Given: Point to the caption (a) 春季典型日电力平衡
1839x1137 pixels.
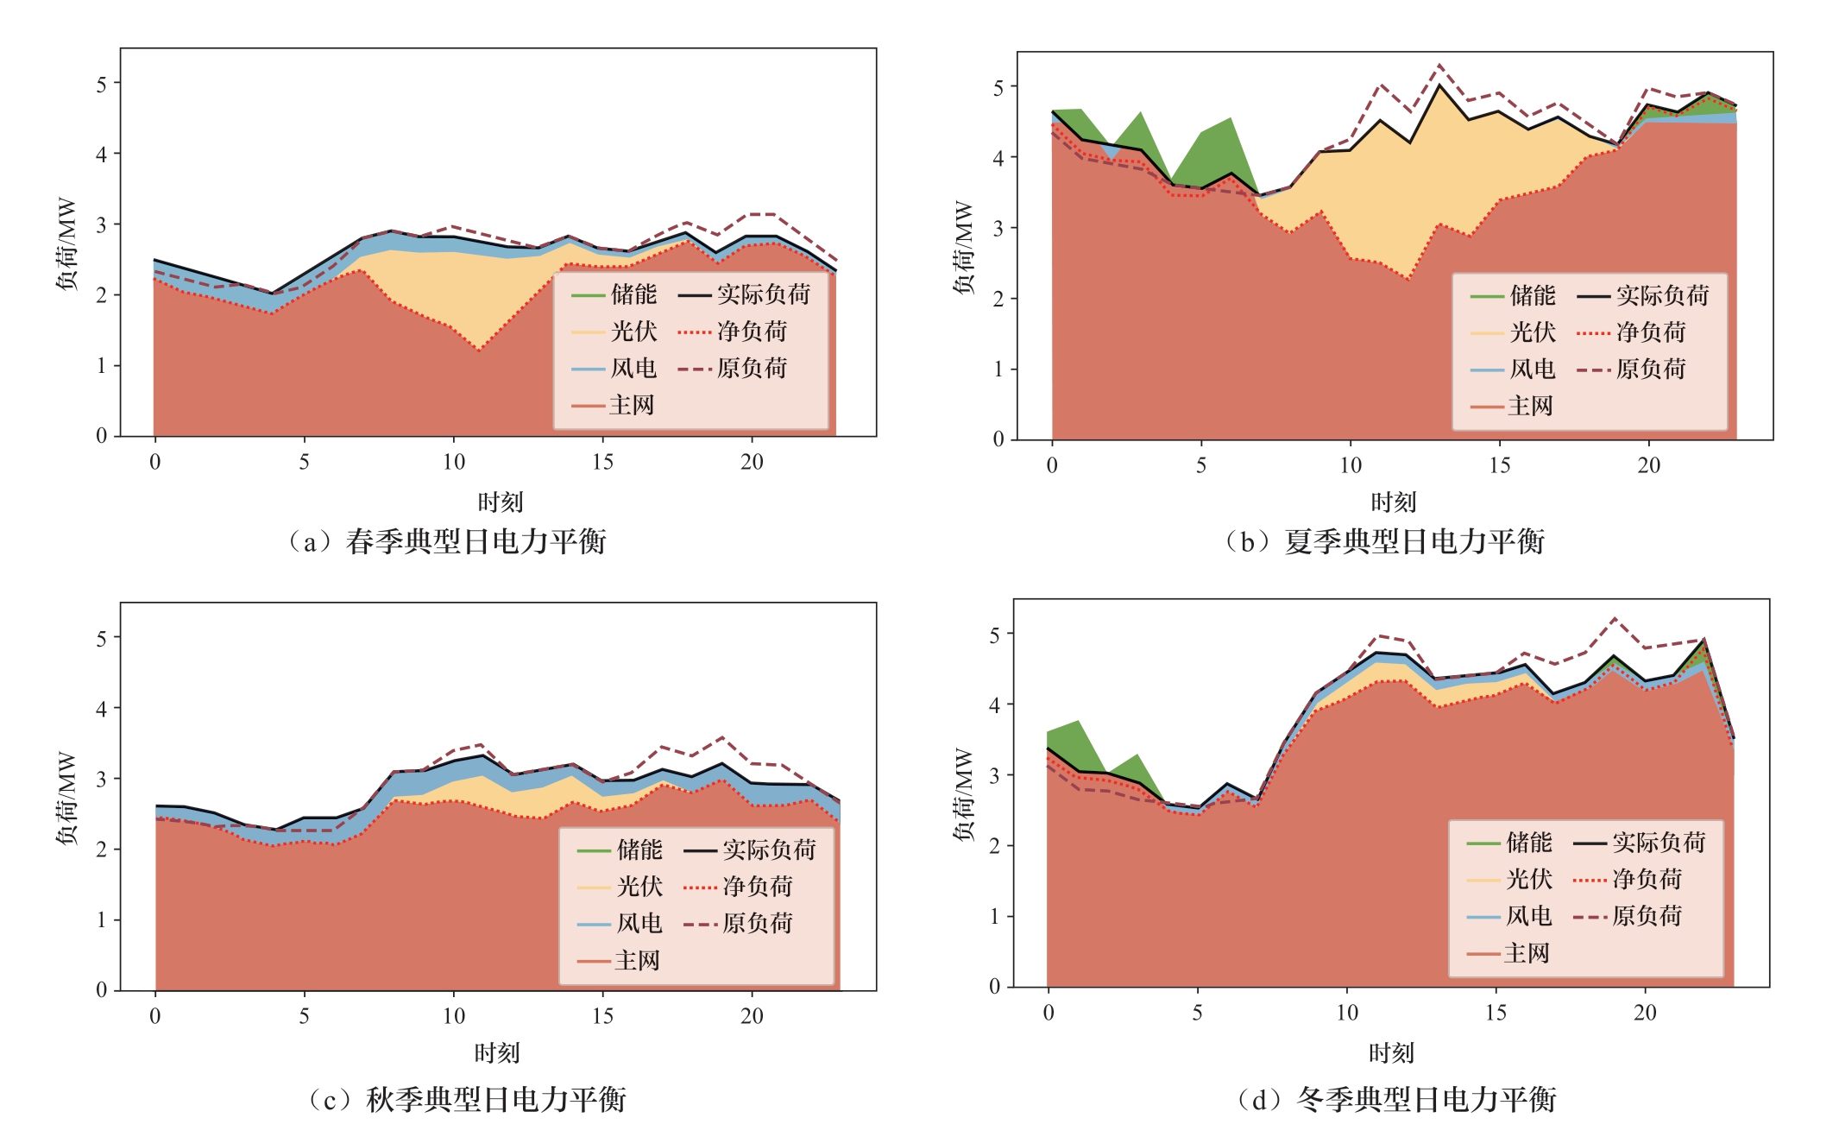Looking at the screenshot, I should pos(447,541).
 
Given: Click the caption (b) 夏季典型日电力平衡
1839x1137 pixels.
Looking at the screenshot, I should pos(1384,541).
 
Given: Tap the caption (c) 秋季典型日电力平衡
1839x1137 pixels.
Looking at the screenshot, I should pos(467,1099).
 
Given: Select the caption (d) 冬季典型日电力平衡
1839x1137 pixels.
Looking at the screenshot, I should pos(1396,1099).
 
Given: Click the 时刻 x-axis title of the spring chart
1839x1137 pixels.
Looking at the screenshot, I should pos(501,502).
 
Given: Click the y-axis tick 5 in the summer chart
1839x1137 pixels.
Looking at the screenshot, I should pos(998,87).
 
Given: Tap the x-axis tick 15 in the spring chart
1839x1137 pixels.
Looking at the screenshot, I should pos(602,463).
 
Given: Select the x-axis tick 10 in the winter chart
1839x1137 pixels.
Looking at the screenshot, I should pos(1346,1013).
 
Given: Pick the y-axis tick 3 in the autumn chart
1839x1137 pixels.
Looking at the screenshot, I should pos(102,779).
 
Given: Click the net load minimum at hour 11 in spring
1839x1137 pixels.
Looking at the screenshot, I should pos(479,351).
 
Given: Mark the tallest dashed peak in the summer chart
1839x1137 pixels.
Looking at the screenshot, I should pos(1439,65).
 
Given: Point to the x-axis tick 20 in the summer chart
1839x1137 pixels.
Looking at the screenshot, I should pos(1648,466).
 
